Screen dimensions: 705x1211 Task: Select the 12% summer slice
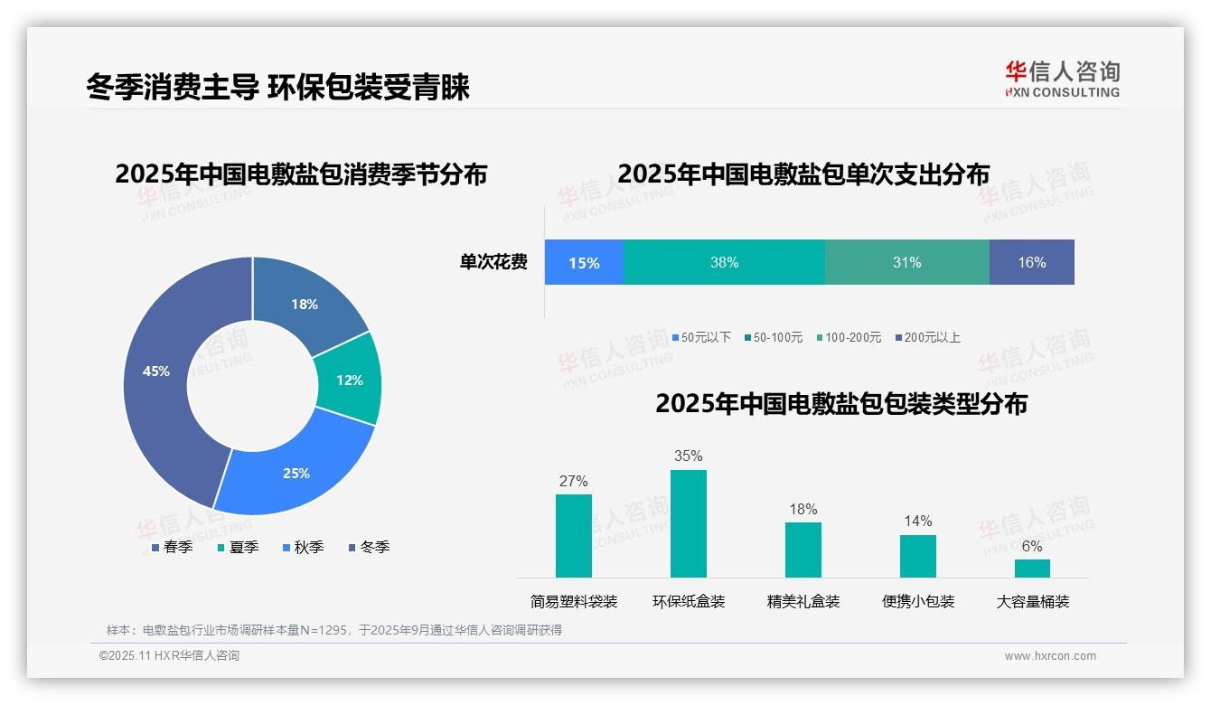(x=350, y=380)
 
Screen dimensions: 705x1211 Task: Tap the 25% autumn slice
(x=296, y=473)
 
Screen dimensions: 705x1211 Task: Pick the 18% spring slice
(x=305, y=304)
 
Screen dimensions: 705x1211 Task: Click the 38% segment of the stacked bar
(x=724, y=262)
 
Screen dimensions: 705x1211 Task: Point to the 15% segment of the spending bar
(x=584, y=262)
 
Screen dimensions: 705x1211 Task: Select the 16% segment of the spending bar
(x=1031, y=262)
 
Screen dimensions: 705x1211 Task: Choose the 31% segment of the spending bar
(x=906, y=262)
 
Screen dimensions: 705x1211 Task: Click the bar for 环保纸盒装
(x=688, y=523)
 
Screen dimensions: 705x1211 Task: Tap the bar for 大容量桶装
(x=1032, y=568)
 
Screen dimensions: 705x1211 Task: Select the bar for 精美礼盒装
(x=803, y=550)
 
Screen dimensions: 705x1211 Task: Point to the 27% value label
(x=573, y=481)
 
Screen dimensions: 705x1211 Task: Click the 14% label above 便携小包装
(x=917, y=521)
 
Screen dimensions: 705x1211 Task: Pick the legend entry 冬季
(x=369, y=547)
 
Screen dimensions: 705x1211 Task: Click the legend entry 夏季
(x=238, y=547)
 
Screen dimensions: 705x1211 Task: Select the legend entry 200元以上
(x=927, y=337)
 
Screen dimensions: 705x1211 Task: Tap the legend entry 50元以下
(x=700, y=337)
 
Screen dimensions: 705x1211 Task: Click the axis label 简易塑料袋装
(x=573, y=601)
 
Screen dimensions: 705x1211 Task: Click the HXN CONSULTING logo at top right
(x=1062, y=79)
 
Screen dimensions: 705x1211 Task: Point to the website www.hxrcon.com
(x=1049, y=656)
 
